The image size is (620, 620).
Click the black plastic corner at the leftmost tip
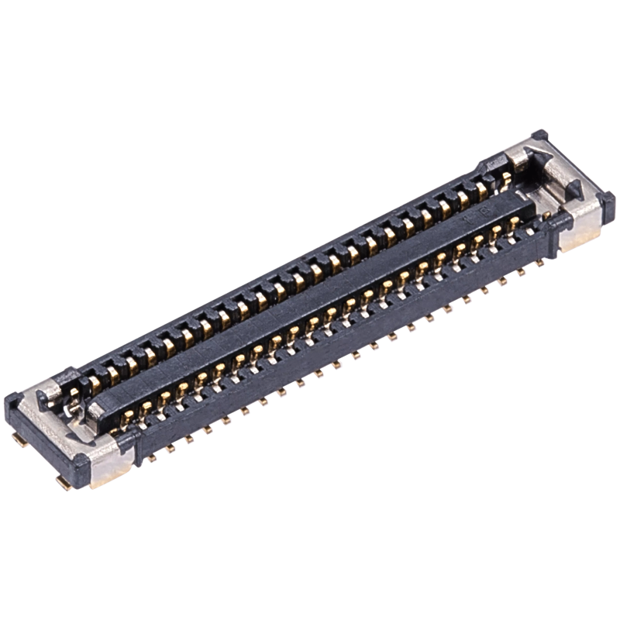(x=15, y=403)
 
